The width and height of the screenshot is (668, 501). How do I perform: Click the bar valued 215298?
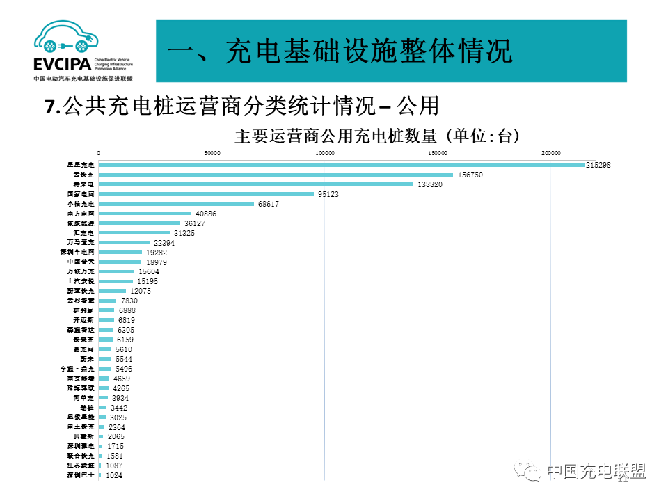point(341,165)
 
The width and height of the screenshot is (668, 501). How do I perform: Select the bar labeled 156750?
point(276,175)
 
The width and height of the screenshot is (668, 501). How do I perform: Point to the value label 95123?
point(328,194)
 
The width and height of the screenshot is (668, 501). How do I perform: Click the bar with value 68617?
point(176,204)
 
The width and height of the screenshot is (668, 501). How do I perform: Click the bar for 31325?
point(134,233)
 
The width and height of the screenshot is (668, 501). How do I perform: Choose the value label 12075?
point(140,290)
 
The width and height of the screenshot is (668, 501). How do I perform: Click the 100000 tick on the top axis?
point(324,153)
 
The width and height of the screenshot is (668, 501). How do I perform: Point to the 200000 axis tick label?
point(550,153)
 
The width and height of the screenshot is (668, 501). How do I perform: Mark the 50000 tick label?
point(212,153)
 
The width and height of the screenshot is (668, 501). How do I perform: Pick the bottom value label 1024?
point(113,475)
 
